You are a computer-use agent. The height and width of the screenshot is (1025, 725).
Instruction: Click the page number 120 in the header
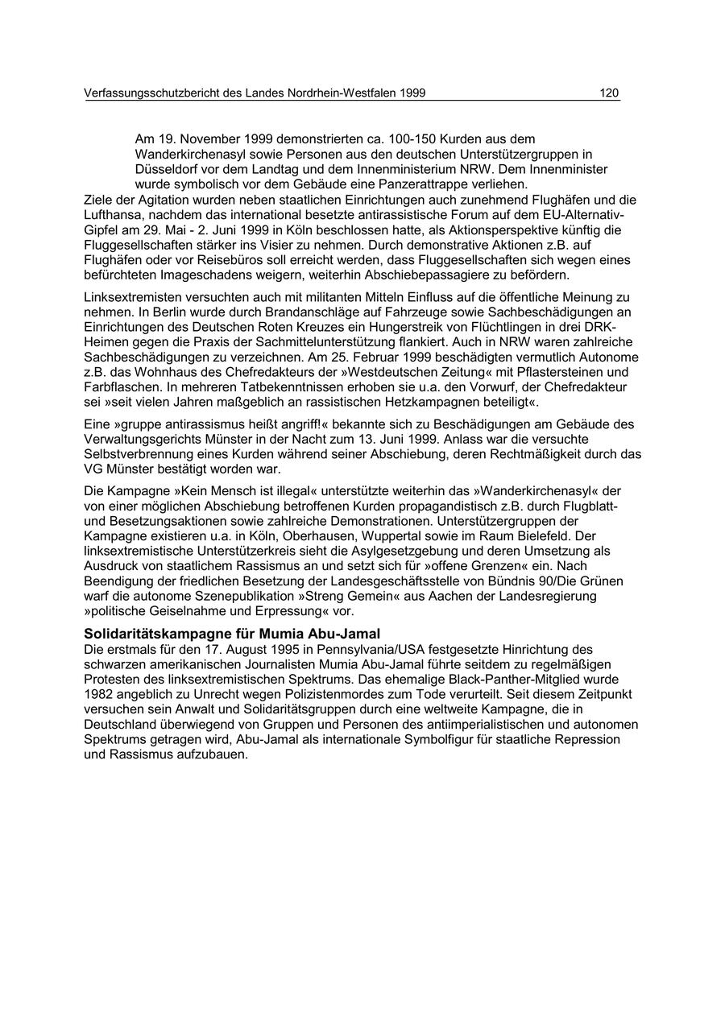[609, 93]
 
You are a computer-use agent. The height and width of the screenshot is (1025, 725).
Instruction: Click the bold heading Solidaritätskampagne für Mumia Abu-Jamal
[232, 634]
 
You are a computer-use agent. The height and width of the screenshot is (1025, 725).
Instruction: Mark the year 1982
[100, 693]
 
